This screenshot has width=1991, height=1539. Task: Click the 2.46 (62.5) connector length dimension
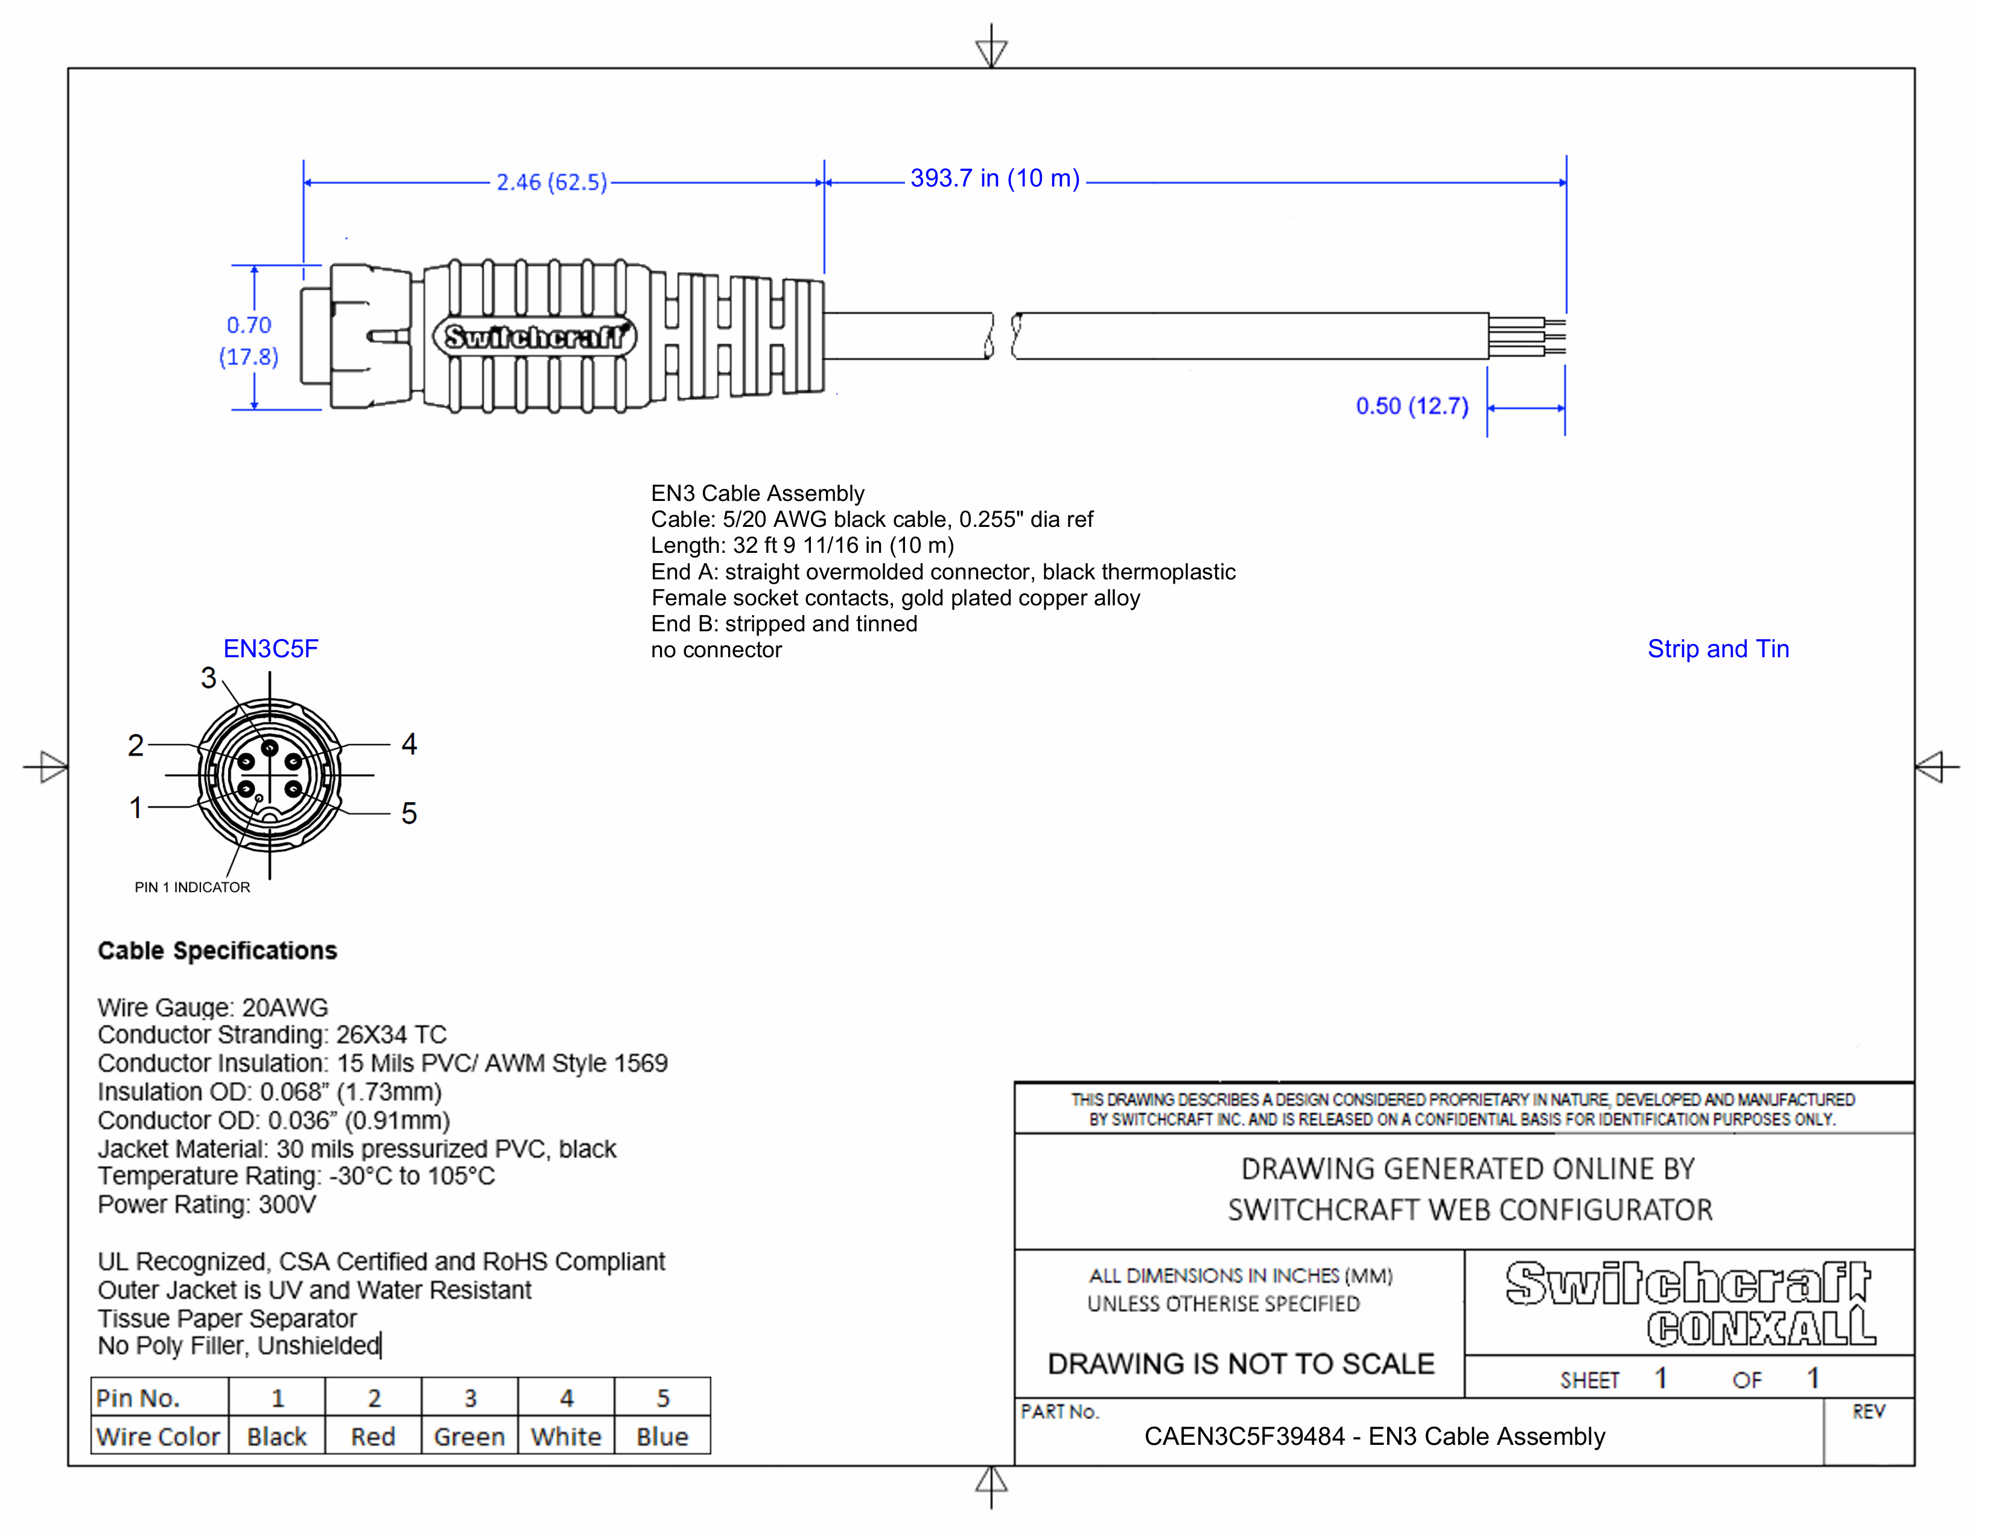(551, 182)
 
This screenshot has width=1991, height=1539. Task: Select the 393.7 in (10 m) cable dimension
(994, 179)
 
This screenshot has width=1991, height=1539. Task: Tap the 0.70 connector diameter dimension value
(249, 325)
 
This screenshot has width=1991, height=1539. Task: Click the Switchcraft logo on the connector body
(534, 337)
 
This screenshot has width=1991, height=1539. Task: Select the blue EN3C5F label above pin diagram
(271, 649)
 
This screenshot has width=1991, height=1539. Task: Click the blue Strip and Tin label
(1718, 649)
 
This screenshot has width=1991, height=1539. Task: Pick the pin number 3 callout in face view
(209, 678)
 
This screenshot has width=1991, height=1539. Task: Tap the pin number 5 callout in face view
(409, 814)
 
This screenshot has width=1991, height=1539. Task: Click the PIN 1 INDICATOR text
(192, 887)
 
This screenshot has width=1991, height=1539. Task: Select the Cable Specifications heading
(217, 951)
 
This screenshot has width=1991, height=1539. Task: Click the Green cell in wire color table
(469, 1437)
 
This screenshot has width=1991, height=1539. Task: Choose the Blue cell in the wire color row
(662, 1437)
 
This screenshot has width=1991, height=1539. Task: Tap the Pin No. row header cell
(139, 1398)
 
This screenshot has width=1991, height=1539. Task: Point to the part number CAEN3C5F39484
(1243, 1437)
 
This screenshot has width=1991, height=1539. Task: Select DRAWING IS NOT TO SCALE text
(1240, 1364)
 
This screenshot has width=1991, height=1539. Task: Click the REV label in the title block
(1868, 1412)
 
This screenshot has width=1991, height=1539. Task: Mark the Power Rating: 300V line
(207, 1205)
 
